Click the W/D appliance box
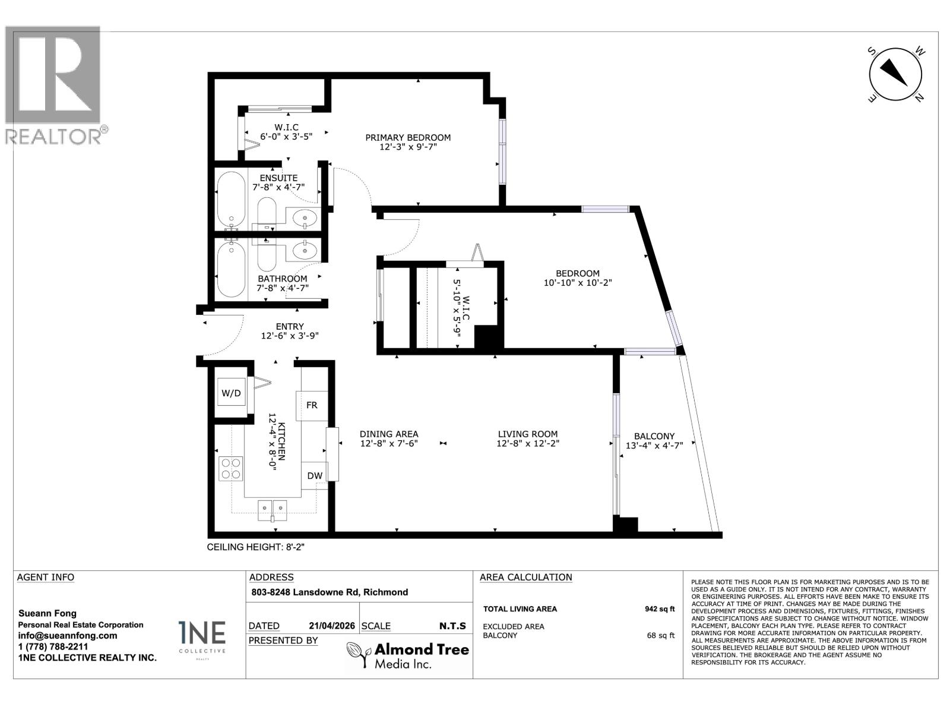(231, 393)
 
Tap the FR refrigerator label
(312, 405)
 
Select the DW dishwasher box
(315, 475)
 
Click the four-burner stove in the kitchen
(231, 468)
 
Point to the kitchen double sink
(273, 510)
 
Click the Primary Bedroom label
(408, 137)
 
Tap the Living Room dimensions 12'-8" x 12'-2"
(528, 443)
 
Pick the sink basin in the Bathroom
(306, 251)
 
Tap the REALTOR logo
(55, 86)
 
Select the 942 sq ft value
(660, 608)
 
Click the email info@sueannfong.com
(67, 635)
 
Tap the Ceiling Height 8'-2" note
(255, 547)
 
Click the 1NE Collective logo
(202, 636)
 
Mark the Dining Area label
(389, 434)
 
